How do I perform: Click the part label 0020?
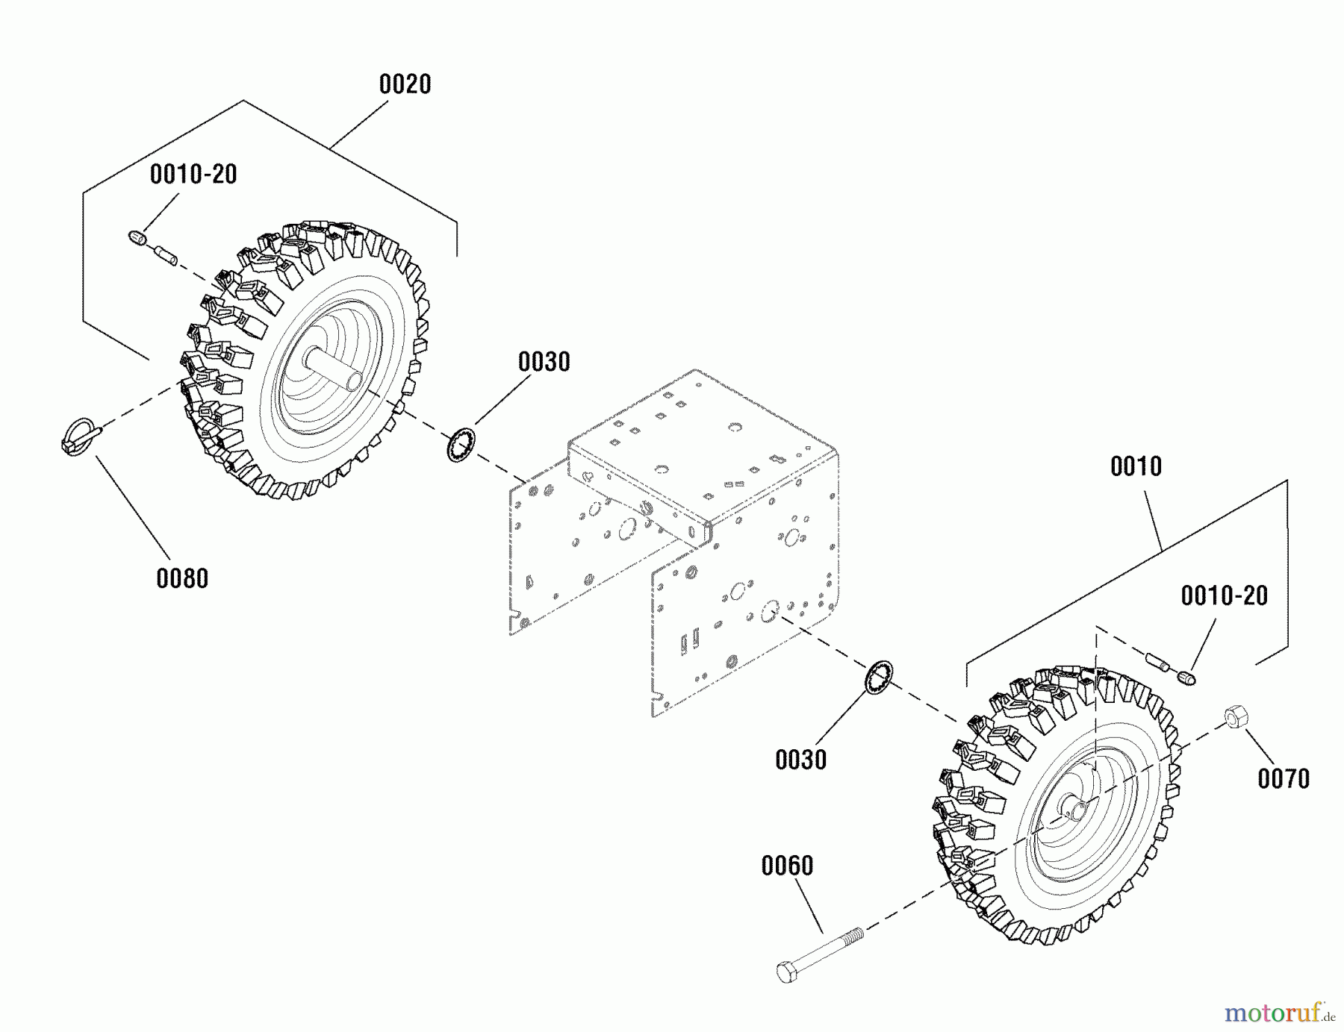405,84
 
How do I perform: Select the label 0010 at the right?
1136,466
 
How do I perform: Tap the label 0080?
182,578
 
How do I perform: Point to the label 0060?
787,866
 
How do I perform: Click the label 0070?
1283,779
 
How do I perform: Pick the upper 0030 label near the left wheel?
544,362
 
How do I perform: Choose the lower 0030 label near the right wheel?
800,760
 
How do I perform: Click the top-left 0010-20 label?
193,175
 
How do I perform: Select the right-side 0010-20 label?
1224,595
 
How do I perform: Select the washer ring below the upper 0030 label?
461,445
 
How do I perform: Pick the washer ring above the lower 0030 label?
879,678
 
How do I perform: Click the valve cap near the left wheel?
136,238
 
